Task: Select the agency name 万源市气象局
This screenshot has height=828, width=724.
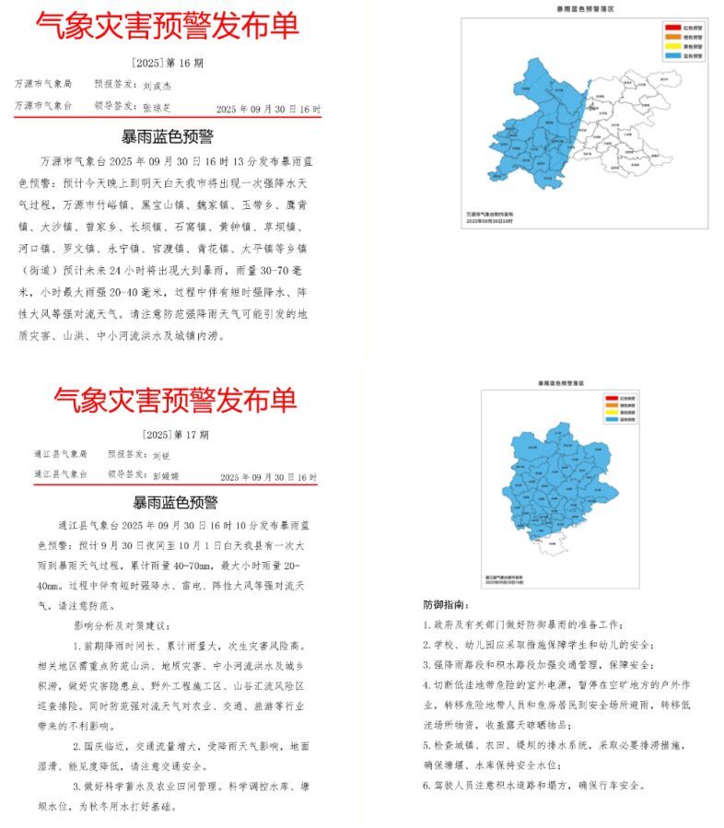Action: point(42,84)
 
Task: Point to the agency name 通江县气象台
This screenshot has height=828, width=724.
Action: point(60,474)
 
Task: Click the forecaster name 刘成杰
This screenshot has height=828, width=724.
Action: point(158,85)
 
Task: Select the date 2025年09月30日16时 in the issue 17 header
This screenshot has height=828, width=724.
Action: point(268,478)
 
